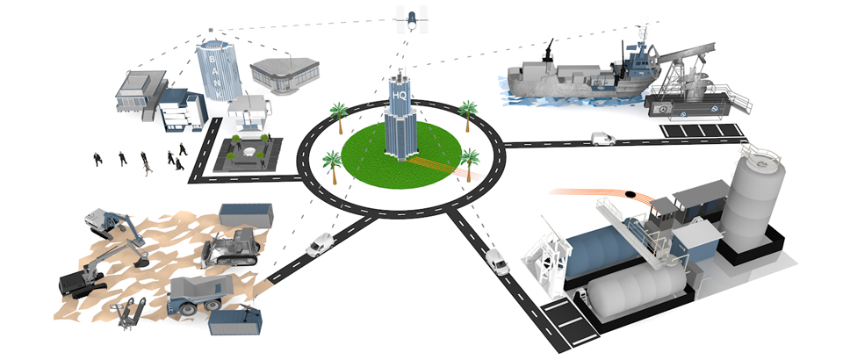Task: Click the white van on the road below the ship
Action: pos(602,138)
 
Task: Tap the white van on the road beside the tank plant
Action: pos(496,261)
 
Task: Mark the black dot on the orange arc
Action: pos(631,193)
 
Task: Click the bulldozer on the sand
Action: pos(229,247)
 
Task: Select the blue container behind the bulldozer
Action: pos(245,215)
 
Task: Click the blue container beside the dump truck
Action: pos(234,321)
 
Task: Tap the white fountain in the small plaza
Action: pos(248,153)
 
